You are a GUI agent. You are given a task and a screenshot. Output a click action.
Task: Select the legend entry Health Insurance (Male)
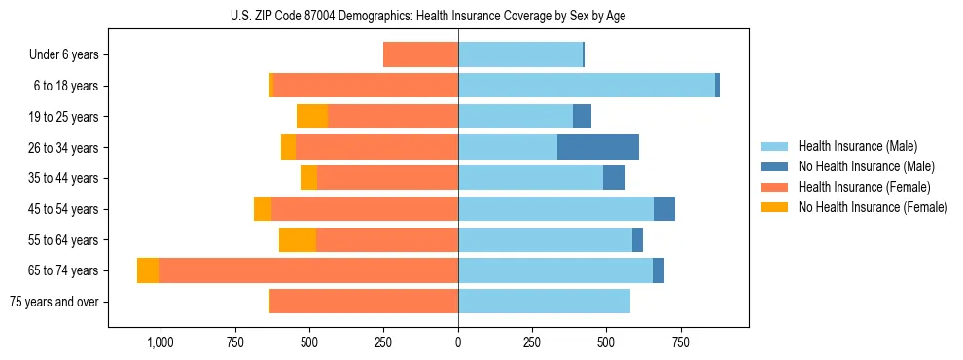(857, 146)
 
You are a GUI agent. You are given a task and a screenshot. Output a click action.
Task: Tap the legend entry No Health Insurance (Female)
(873, 207)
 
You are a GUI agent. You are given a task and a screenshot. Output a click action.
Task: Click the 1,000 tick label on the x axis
(160, 342)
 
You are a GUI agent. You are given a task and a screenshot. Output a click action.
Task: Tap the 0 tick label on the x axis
(458, 342)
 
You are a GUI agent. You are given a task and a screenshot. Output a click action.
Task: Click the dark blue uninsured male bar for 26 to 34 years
(598, 147)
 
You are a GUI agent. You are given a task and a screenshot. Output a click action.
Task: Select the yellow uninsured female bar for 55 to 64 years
(298, 240)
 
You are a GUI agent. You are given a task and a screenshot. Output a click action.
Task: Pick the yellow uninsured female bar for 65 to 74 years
(148, 270)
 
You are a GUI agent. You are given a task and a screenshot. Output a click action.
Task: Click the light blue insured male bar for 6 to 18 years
(587, 86)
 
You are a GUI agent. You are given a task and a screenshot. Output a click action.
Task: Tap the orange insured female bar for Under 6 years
(420, 54)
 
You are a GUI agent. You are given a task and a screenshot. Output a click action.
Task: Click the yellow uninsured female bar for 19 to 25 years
(312, 117)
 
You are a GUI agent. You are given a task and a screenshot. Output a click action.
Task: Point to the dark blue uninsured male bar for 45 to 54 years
(664, 209)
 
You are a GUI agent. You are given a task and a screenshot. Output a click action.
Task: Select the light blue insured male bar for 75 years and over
(544, 302)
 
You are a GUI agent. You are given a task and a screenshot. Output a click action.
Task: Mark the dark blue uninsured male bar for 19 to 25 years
(582, 117)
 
